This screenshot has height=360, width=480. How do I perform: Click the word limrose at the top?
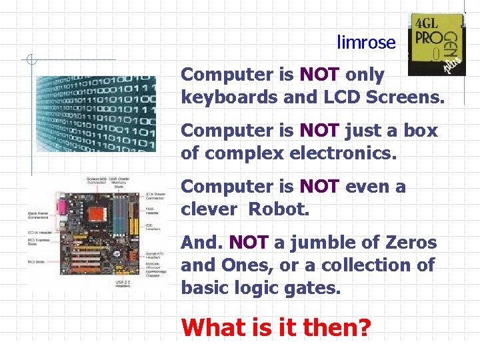(x=366, y=43)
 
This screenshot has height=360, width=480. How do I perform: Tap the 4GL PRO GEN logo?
(x=437, y=43)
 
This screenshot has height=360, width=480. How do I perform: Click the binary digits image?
(x=95, y=114)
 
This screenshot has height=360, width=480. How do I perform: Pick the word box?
(x=421, y=130)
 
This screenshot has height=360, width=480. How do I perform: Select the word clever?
(x=209, y=209)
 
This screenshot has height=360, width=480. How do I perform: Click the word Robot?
(x=279, y=209)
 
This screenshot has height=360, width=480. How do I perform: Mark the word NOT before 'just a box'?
(x=319, y=130)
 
